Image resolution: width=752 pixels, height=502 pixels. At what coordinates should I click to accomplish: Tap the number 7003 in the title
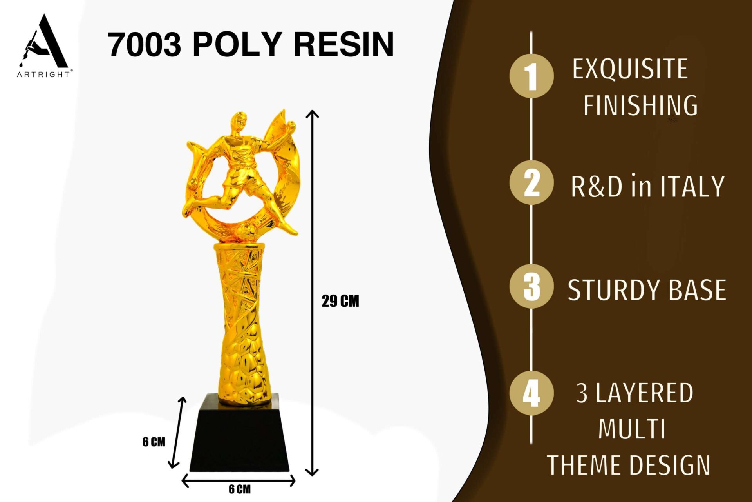[x=145, y=44]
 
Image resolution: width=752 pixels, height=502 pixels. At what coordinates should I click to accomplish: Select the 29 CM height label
[x=340, y=301]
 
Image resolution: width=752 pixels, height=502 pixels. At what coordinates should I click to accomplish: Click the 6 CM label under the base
[x=240, y=489]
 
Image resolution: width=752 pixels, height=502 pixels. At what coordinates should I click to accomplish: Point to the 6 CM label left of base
[x=154, y=442]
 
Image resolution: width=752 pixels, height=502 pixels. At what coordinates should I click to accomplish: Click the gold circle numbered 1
[x=531, y=76]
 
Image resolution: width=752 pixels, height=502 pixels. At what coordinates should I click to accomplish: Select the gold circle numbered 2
[x=531, y=182]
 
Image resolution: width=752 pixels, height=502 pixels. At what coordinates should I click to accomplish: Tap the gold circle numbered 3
[x=531, y=286]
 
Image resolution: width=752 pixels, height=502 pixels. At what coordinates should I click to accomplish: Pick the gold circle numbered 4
[x=531, y=393]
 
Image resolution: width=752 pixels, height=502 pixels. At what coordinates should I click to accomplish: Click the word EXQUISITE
[x=630, y=69]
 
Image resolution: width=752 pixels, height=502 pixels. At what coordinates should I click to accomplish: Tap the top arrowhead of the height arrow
[x=312, y=114]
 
